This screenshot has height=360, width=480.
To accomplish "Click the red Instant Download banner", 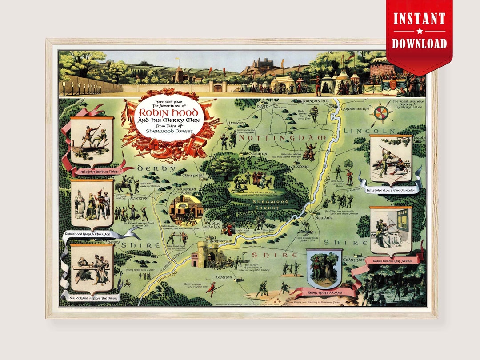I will coord(419,31).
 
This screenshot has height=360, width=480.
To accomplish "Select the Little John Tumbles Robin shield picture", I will coord(92,140).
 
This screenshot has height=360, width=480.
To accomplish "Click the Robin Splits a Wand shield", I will coord(324,268).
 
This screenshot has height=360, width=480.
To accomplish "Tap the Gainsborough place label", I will coord(355,108).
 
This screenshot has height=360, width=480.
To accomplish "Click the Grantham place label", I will coord(353,259).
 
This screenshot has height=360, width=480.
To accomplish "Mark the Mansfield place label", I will coord(192,176).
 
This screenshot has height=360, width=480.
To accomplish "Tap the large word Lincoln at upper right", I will coord(369,131).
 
